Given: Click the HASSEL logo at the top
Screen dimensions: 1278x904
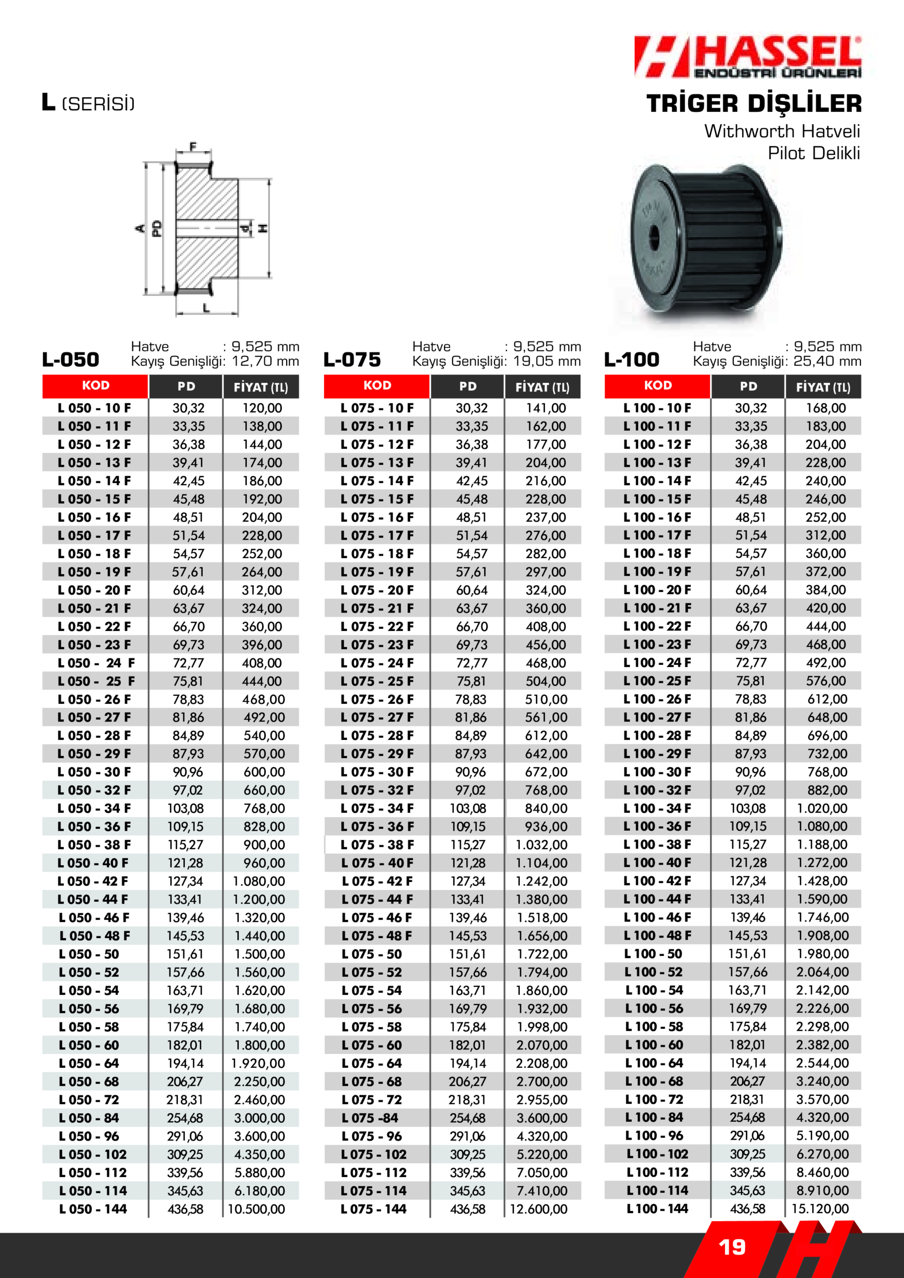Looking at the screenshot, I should click(x=748, y=57).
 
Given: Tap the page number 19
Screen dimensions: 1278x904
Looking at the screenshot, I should click(x=732, y=1247).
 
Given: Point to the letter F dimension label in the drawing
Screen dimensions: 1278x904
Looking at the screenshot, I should click(x=193, y=147).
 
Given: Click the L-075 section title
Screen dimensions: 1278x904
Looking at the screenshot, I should click(x=352, y=359).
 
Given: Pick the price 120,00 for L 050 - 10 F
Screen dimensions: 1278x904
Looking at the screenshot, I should click(x=262, y=408).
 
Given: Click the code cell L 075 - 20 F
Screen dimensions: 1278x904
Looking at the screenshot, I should click(x=377, y=590).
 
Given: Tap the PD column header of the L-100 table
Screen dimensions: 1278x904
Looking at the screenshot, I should click(x=748, y=386).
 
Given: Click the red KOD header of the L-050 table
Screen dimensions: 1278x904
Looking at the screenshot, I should click(x=96, y=386).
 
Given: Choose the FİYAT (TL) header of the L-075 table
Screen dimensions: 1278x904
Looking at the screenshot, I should click(x=542, y=387).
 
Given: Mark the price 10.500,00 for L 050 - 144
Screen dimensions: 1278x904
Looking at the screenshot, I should click(x=256, y=1209).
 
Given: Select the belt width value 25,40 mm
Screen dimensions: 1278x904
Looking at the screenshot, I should click(x=827, y=361).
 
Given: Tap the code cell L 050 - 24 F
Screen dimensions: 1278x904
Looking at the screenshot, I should click(x=96, y=663).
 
